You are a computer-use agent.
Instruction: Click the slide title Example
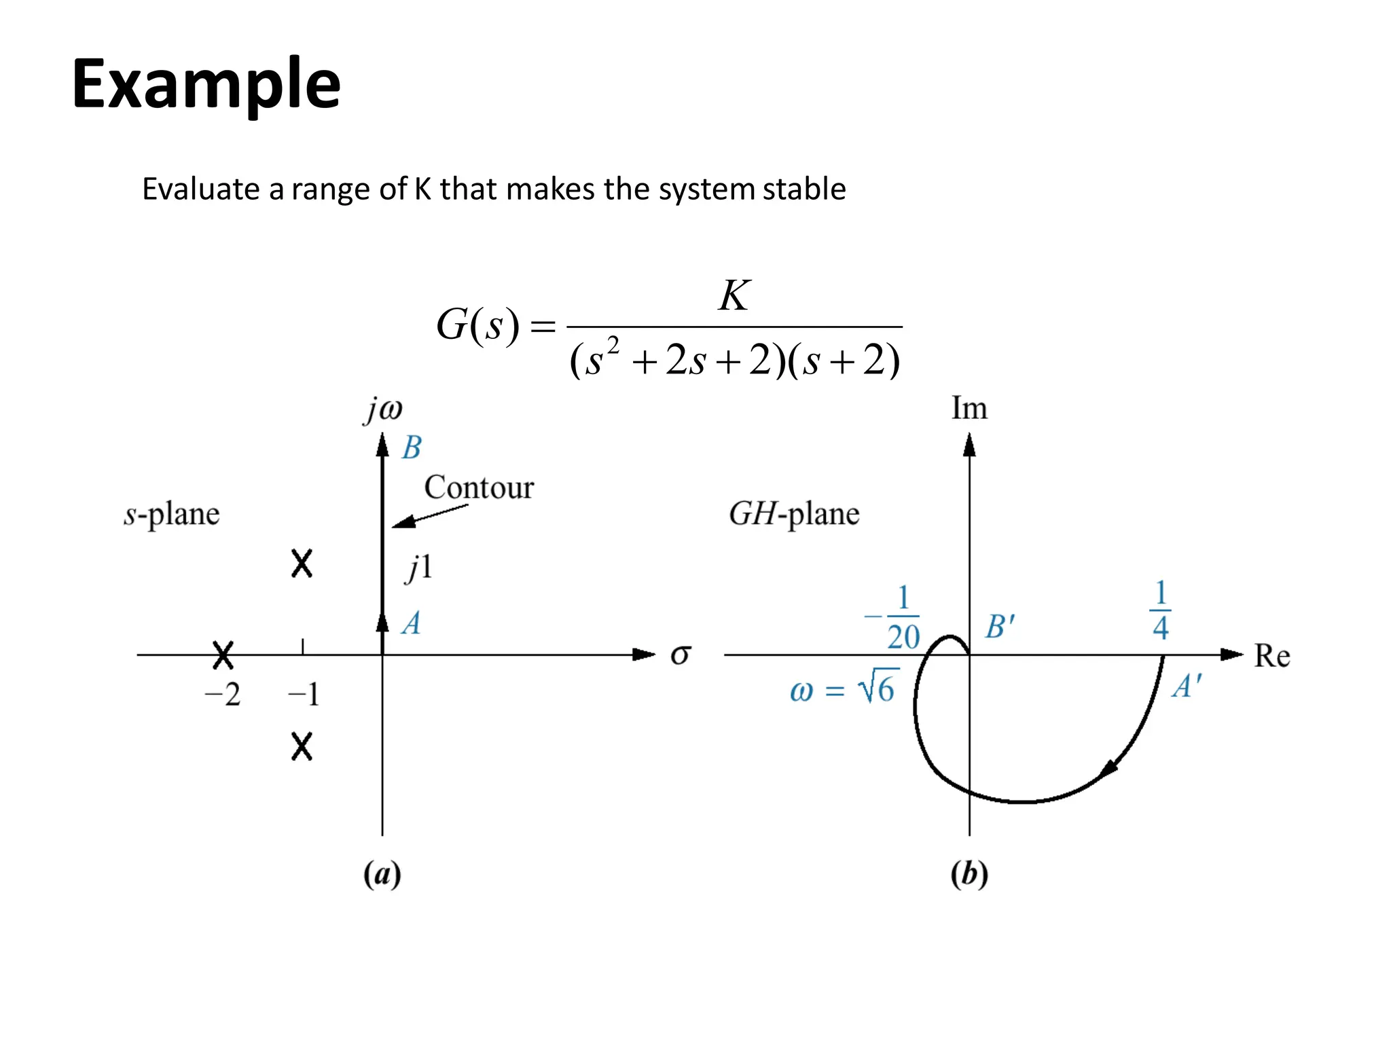coord(206,84)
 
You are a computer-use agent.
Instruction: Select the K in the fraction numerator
coord(734,296)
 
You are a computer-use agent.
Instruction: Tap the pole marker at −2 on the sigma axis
coord(223,655)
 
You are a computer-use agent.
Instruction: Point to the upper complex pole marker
coord(302,564)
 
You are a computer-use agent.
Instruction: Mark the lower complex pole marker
coord(302,746)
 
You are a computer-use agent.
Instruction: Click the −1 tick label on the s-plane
coord(303,695)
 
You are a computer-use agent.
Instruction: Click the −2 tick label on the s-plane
coord(223,695)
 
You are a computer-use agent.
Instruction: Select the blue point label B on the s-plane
coord(412,448)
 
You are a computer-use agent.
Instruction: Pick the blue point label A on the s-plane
coord(411,623)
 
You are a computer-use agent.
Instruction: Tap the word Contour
coord(479,488)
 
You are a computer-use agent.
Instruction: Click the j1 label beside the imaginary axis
coord(419,567)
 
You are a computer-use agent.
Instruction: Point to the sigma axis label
coord(681,655)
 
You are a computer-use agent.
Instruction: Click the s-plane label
coord(172,514)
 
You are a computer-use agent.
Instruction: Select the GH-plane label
coord(794,514)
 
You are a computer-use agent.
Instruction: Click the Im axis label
coord(969,409)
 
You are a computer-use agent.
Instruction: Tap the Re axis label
coord(1271,656)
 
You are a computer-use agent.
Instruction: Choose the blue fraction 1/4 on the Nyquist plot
coord(1161,610)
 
